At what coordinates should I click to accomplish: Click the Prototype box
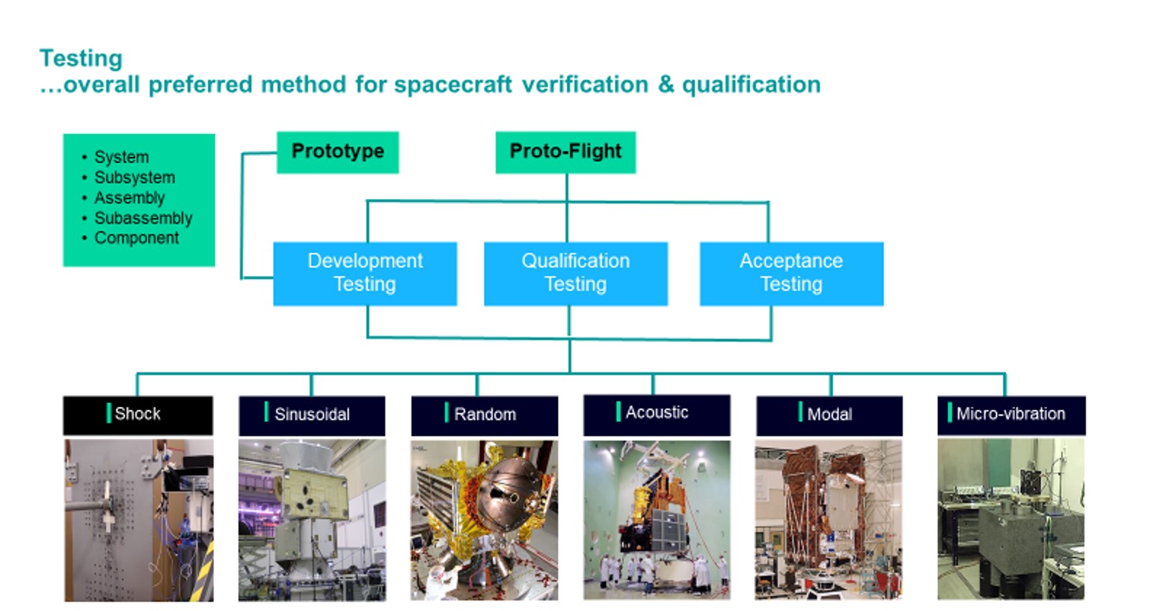(337, 152)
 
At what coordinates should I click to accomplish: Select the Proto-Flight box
(565, 152)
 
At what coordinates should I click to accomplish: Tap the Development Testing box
(365, 273)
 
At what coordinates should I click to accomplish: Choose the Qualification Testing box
(575, 273)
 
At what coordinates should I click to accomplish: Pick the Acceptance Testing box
(791, 273)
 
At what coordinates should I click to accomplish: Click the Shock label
(138, 414)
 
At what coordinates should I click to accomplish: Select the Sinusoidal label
(312, 415)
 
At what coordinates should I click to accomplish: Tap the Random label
(485, 415)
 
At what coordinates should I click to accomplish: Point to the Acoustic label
(657, 413)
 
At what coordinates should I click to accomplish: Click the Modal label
(829, 415)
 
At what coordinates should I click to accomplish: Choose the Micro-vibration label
(1010, 414)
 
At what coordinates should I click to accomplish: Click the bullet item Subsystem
(135, 178)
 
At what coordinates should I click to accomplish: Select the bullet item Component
(136, 239)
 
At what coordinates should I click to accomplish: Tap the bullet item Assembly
(129, 198)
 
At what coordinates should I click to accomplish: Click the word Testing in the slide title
(81, 58)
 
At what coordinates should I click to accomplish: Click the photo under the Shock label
(138, 521)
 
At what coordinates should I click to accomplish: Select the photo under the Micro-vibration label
(1010, 519)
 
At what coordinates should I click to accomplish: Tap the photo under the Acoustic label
(657, 519)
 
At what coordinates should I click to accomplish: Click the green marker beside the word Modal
(800, 412)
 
